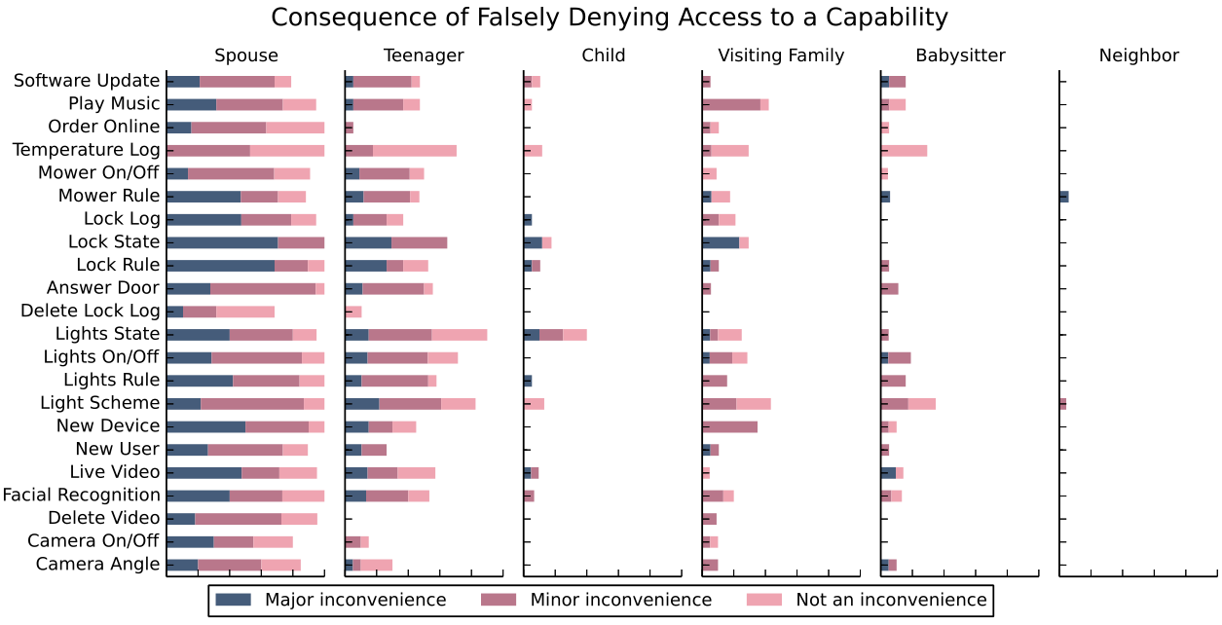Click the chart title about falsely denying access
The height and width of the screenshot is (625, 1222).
609,18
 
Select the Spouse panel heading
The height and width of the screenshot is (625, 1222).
246,55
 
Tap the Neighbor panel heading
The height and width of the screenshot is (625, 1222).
1138,55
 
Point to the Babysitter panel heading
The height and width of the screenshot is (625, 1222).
960,55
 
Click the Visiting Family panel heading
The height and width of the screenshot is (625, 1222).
781,55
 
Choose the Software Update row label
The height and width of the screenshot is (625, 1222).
87,81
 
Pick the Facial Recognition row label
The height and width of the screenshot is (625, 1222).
81,496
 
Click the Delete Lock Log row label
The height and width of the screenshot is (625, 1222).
91,312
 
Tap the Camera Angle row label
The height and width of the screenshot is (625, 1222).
97,565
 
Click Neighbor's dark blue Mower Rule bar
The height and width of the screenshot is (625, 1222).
1064,197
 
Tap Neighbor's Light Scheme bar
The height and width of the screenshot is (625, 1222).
1063,403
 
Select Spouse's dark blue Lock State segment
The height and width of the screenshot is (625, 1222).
222,242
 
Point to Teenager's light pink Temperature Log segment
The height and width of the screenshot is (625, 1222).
415,150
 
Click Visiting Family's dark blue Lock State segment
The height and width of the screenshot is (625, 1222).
721,242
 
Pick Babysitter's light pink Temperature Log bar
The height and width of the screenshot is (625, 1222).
906,150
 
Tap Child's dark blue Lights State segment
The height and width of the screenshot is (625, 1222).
532,335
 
